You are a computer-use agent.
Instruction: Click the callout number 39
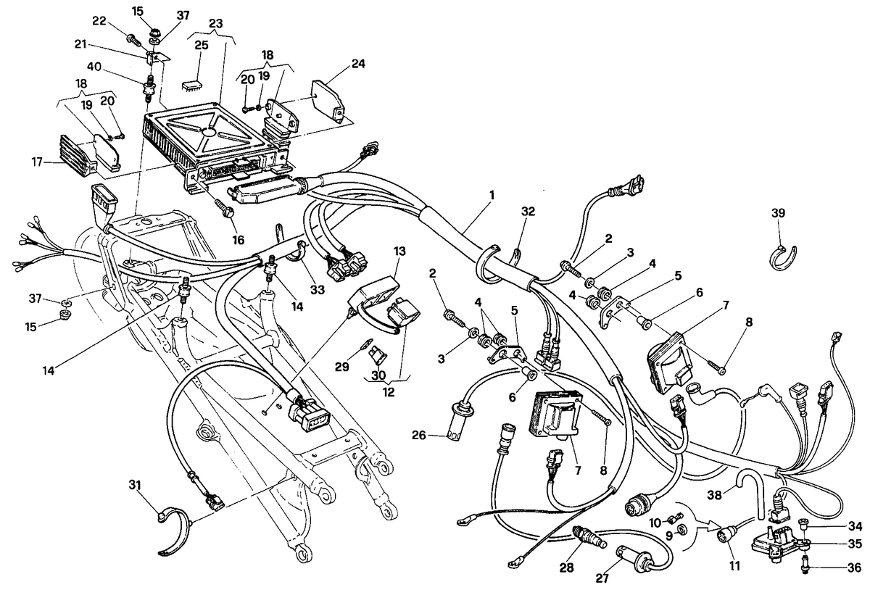(x=778, y=213)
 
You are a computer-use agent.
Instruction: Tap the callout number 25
(x=202, y=46)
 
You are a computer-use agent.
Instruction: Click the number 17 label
(x=37, y=162)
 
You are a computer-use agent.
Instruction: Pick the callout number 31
(x=135, y=485)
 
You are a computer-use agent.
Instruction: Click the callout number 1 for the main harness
(x=492, y=195)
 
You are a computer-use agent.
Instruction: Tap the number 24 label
(x=357, y=64)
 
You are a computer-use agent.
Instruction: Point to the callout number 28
(x=567, y=568)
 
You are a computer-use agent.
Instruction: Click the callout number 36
(x=854, y=568)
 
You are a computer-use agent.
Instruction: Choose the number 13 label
(x=399, y=252)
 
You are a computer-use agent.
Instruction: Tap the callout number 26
(x=419, y=436)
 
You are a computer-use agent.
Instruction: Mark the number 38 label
(x=714, y=495)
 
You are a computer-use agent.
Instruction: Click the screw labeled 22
(x=133, y=40)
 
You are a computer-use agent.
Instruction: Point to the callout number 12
(x=389, y=392)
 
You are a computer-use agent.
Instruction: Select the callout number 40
(x=94, y=67)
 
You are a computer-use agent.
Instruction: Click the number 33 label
(x=318, y=289)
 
